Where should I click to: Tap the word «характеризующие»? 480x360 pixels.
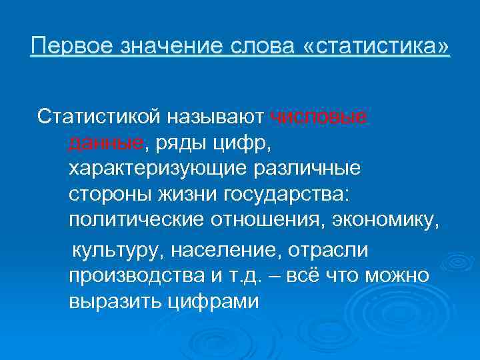click(x=159, y=167)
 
